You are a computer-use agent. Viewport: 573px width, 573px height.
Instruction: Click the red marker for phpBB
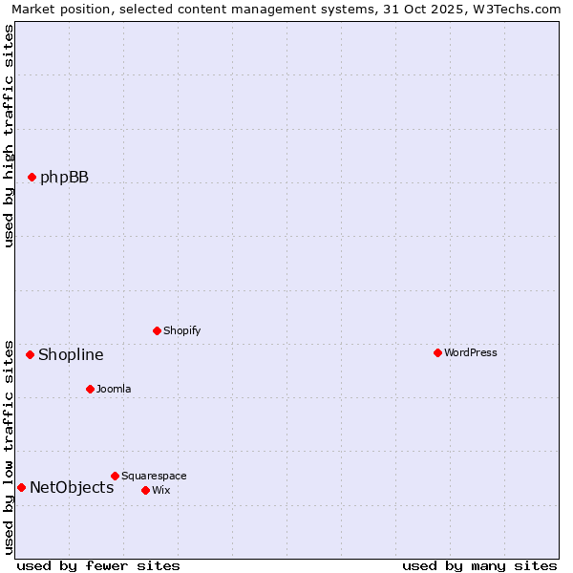(x=32, y=177)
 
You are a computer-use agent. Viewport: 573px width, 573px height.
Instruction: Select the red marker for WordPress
(x=437, y=352)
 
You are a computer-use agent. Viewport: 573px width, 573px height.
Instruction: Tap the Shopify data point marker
(x=157, y=330)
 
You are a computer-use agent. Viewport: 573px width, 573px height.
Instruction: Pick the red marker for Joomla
(x=90, y=389)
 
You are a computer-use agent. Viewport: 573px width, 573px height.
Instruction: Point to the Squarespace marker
(x=115, y=476)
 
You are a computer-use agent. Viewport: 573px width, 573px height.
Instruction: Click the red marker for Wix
(x=145, y=490)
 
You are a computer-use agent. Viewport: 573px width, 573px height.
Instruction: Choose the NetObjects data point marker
(x=21, y=487)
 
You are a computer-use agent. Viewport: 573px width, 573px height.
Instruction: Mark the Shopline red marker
(x=30, y=354)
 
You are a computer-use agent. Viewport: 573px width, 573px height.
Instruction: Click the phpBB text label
(x=64, y=177)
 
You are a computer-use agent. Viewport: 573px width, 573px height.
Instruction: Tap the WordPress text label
(x=471, y=352)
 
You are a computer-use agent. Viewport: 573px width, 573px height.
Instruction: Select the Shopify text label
(x=181, y=330)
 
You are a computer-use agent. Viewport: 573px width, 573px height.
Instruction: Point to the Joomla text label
(x=114, y=389)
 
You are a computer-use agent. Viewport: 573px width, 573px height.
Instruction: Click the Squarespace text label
(x=154, y=476)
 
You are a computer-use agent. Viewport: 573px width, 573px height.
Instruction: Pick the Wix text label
(x=160, y=490)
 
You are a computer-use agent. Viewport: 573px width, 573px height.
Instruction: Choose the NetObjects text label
(x=72, y=488)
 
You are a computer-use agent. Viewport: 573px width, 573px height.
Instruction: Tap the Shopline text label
(x=71, y=355)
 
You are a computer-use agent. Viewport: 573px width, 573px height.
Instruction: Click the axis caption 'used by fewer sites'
(x=98, y=565)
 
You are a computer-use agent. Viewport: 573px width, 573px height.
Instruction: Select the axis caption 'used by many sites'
(x=479, y=565)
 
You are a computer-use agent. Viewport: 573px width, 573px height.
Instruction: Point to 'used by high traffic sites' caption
(x=10, y=136)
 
